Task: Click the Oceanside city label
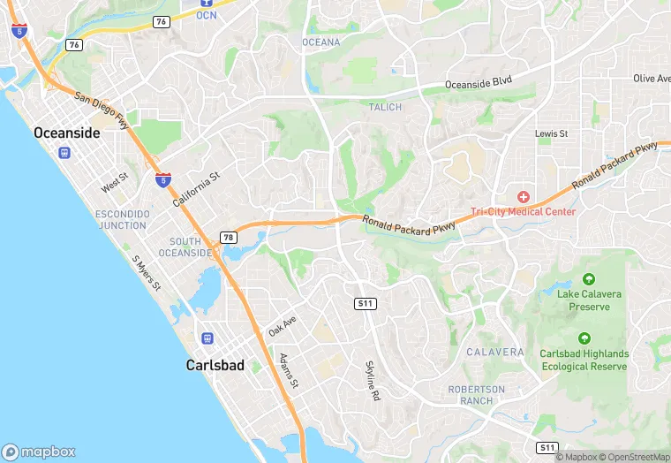[x=66, y=132]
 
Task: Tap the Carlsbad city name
[x=215, y=364]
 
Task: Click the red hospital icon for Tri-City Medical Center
[x=523, y=195]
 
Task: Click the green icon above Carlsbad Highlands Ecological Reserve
[x=584, y=338]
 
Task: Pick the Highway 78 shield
[x=229, y=237]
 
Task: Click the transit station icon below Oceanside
[x=64, y=152]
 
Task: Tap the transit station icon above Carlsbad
[x=207, y=338]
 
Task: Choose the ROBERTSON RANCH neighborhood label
[x=477, y=394]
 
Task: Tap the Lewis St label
[x=551, y=133]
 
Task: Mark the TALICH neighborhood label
[x=385, y=107]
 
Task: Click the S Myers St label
[x=147, y=274]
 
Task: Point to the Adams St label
[x=289, y=371]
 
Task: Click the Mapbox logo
[x=39, y=451]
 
